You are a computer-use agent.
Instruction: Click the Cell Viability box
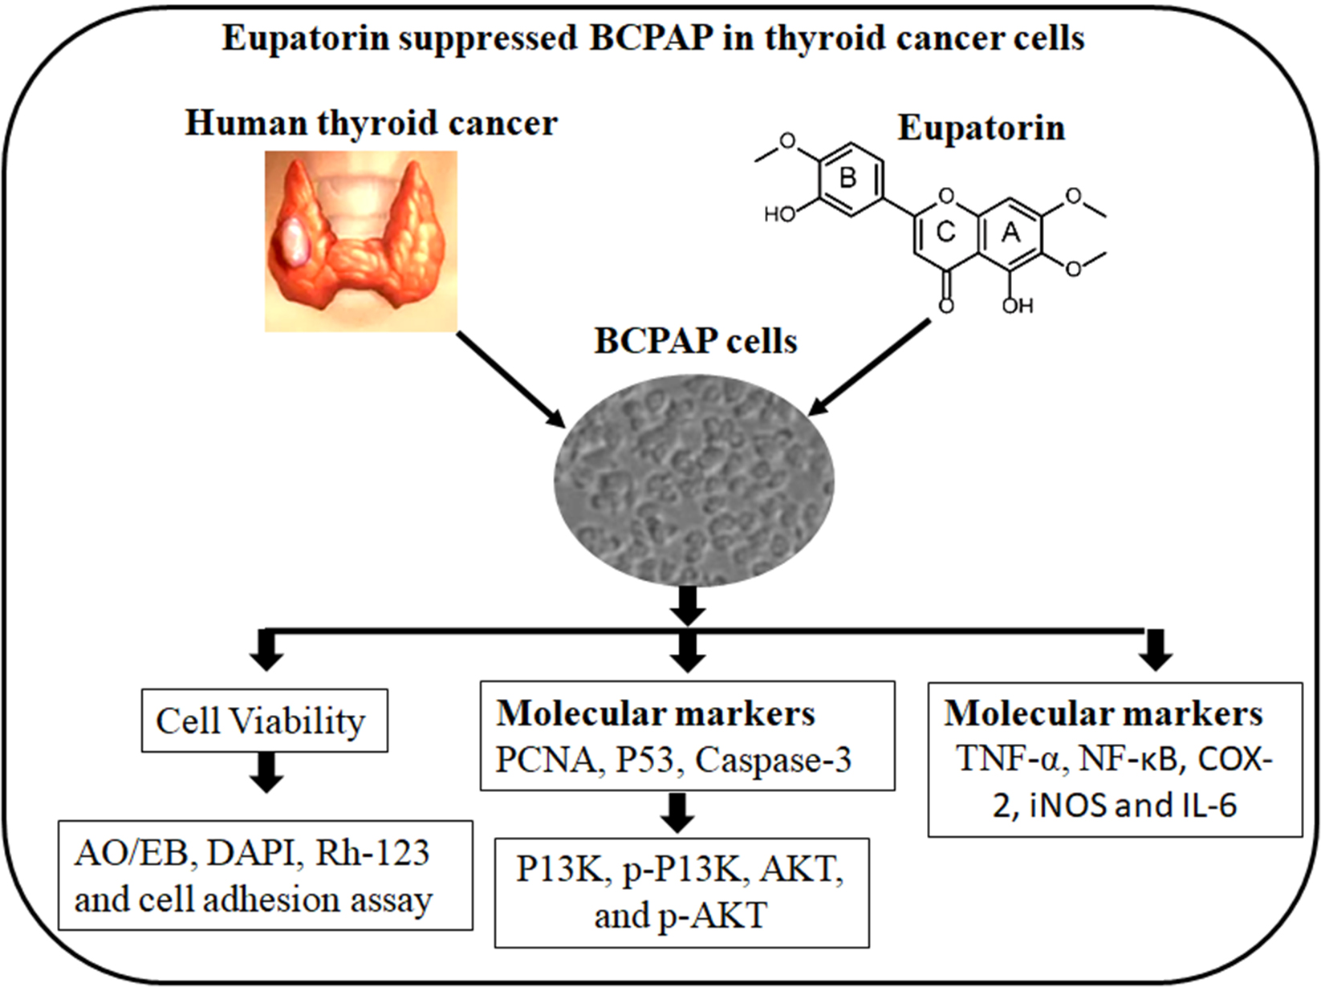click(264, 721)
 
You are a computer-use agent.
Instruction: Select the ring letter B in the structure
click(847, 178)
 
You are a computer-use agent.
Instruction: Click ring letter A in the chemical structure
click(1010, 232)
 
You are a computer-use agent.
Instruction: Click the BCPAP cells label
click(695, 342)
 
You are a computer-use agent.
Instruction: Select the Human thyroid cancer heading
click(371, 124)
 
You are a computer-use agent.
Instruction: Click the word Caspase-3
click(772, 760)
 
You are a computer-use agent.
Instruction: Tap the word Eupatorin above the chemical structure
click(981, 128)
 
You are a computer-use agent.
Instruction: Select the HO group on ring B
click(778, 214)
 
